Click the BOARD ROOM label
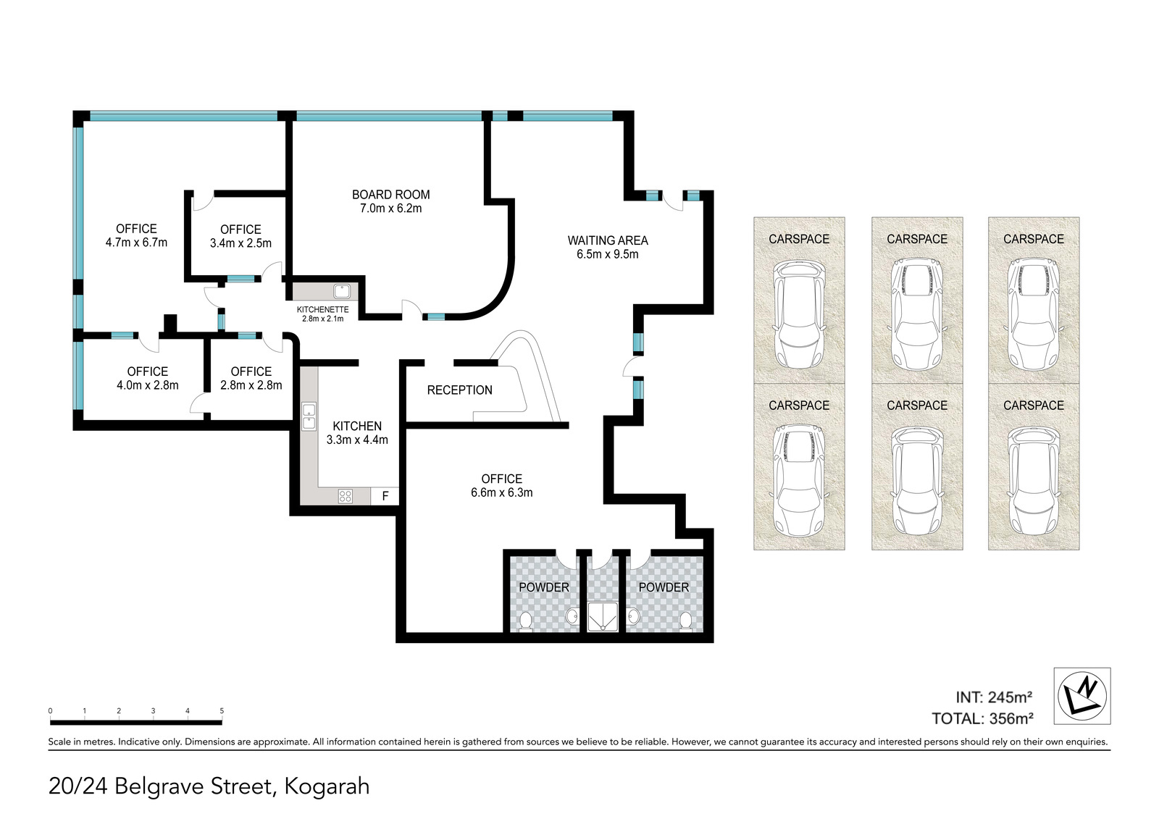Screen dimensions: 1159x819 click(390, 195)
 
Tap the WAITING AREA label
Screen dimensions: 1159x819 click(608, 240)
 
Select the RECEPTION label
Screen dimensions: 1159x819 click(459, 390)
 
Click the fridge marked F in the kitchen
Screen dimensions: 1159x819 click(385, 496)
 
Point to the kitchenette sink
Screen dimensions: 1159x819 click(341, 291)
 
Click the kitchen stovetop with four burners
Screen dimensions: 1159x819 click(345, 497)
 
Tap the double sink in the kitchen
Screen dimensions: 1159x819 click(309, 417)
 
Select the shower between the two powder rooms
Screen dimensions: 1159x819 click(603, 616)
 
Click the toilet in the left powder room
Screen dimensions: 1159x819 click(525, 621)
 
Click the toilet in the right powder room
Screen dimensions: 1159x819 click(685, 621)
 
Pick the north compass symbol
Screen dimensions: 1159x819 click(1082, 696)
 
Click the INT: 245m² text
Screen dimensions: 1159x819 click(994, 697)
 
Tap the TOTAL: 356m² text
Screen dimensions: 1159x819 click(982, 718)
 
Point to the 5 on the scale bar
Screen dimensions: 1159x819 click(222, 711)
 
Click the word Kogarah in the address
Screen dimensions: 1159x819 click(327, 786)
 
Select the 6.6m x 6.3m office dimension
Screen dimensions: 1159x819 click(501, 492)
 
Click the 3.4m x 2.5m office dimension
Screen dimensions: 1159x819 click(240, 243)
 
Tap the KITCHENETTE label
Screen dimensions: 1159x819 click(323, 309)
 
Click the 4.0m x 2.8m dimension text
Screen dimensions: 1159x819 click(148, 385)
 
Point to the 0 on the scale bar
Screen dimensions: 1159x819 click(50, 711)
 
